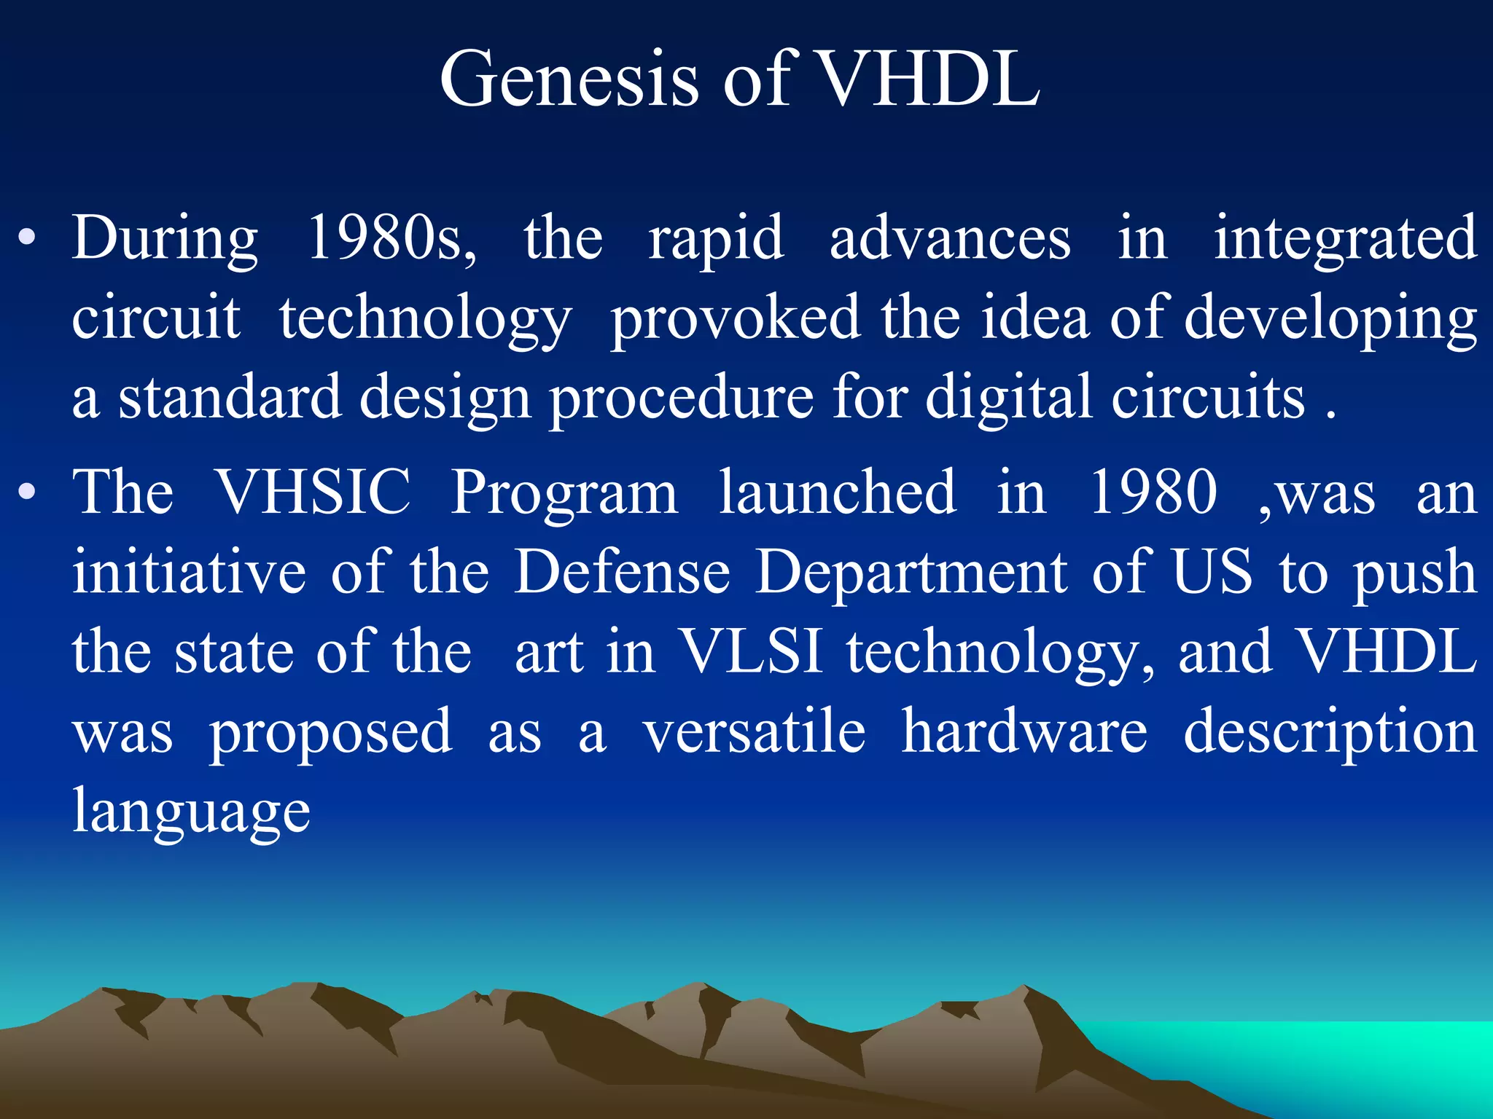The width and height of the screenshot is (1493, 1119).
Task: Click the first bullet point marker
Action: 28,238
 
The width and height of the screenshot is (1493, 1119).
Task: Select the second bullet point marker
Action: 28,492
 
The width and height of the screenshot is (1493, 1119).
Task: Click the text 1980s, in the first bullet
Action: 392,238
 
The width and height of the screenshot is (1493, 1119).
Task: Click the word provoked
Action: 735,319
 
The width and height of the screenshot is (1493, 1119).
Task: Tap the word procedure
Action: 681,398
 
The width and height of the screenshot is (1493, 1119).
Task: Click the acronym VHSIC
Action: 313,492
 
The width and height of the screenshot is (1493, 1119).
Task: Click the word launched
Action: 837,492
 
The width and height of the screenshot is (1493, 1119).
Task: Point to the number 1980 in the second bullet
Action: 1153,492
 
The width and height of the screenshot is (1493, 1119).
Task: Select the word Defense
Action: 622,572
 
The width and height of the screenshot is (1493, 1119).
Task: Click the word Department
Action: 911,573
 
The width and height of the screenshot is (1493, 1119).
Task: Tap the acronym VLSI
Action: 751,651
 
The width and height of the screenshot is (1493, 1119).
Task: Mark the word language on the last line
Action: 191,812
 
